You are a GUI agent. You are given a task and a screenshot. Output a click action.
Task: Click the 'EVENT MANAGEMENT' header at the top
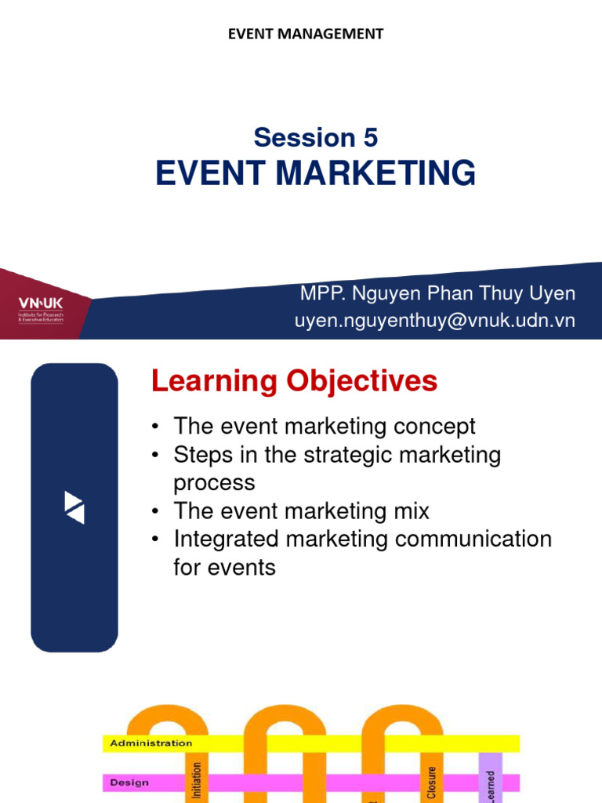305,34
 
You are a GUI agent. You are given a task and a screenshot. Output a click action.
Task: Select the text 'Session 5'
315,138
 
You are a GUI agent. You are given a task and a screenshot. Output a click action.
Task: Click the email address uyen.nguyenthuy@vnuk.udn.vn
435,321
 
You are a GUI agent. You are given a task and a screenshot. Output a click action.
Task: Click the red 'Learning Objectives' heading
294,382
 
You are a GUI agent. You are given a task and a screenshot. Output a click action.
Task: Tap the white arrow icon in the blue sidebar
74,507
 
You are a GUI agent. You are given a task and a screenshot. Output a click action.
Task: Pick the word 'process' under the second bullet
214,482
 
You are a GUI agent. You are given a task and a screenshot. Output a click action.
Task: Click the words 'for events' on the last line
224,567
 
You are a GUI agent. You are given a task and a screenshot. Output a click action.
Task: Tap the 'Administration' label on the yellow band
150,743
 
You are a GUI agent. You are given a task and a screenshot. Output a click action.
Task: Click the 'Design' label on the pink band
129,782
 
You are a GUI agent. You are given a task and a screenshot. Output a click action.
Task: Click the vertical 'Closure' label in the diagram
431,783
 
